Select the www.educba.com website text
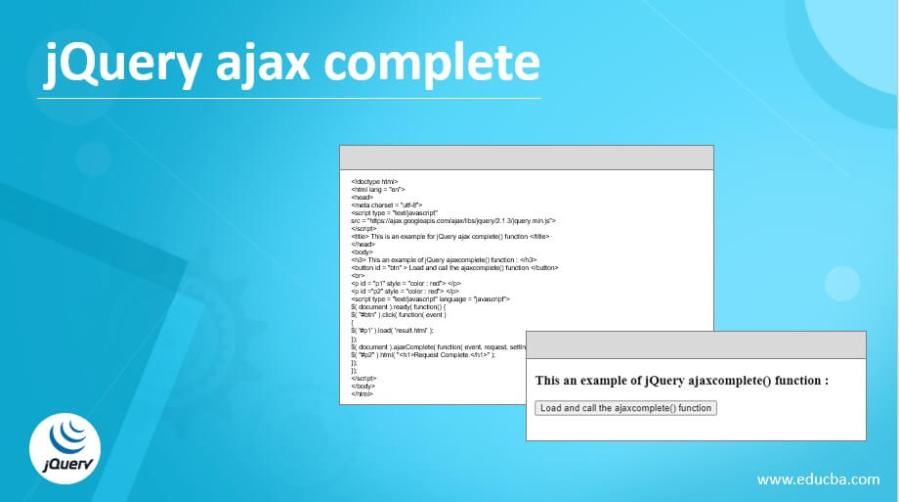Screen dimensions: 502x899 tap(819, 479)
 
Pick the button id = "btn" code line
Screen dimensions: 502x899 tap(454, 267)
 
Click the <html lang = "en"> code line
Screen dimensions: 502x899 tap(377, 189)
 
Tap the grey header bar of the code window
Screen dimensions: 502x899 tap(526, 158)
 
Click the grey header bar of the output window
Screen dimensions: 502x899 tap(696, 344)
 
